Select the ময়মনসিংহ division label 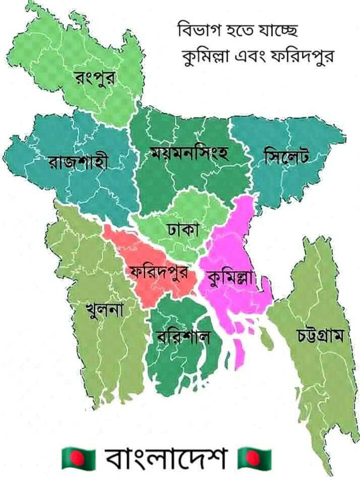[x=189, y=155]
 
